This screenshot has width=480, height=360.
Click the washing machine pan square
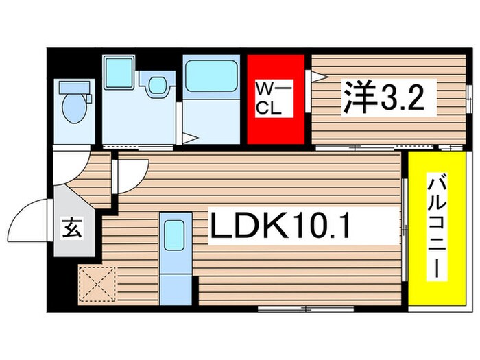coord(118,74)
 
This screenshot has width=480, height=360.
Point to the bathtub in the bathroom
coord(211,77)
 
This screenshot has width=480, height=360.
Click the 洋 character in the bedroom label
coord(357,100)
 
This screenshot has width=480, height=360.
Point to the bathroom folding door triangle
coord(189,138)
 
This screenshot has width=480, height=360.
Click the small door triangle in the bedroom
coord(318,75)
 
